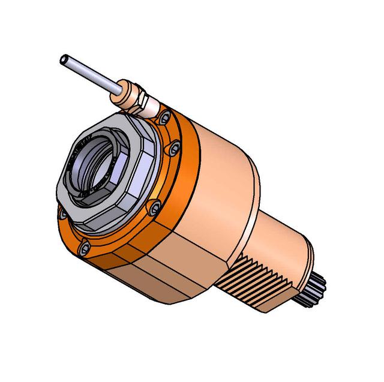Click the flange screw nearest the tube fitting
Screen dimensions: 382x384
point(162,120)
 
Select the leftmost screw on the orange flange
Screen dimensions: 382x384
point(62,212)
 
